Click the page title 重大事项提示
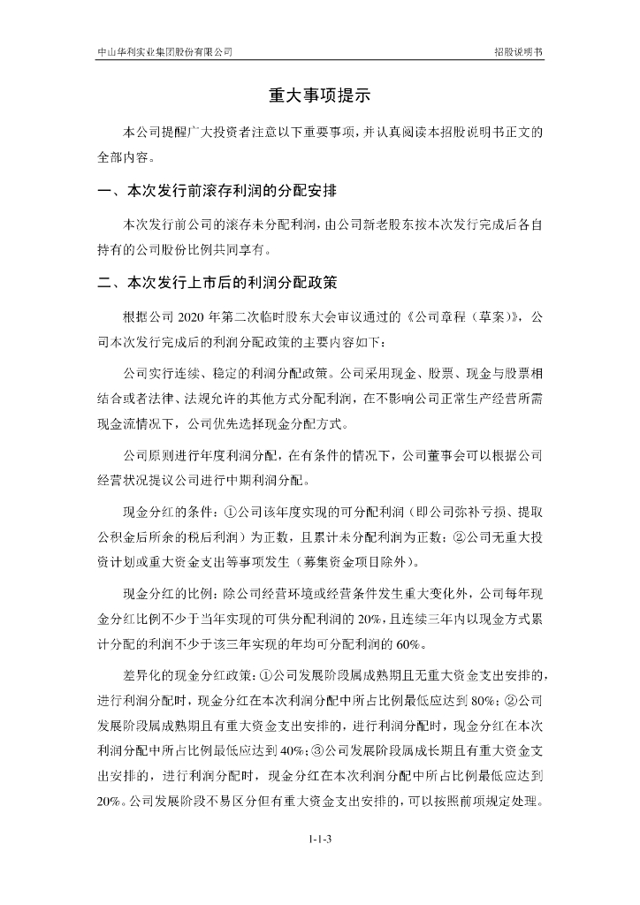point(320,96)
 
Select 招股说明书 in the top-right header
point(519,52)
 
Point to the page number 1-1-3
point(320,838)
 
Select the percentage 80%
point(478,702)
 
